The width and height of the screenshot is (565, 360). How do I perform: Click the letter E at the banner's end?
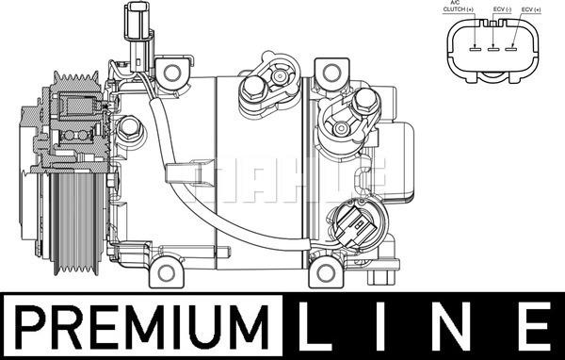point(536,327)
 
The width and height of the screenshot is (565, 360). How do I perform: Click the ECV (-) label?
point(502,9)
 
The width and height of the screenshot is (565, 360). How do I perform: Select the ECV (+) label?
point(531,9)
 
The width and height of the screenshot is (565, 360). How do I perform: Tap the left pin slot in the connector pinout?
point(476,49)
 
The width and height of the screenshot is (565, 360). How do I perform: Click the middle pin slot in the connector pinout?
point(492,49)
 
